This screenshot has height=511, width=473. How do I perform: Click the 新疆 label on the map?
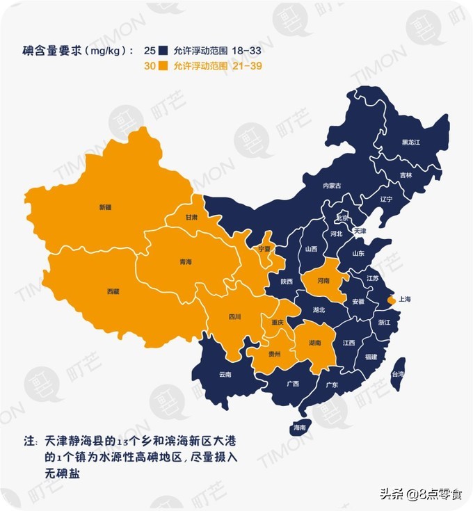click(x=105, y=207)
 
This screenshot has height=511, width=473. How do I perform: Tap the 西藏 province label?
click(x=113, y=291)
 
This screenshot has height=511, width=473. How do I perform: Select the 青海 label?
click(x=185, y=262)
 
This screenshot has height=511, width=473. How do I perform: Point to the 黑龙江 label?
click(x=411, y=143)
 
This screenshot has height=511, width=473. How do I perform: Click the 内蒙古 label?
click(x=332, y=186)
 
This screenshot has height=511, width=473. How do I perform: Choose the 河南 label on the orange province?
click(x=323, y=281)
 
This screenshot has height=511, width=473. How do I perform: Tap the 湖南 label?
click(x=315, y=343)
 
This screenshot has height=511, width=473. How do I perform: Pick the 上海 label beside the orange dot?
click(x=404, y=300)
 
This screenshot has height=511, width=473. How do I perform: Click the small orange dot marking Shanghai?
click(x=390, y=300)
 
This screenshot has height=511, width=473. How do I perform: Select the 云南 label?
click(x=225, y=375)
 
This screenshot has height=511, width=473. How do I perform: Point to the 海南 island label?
click(x=300, y=427)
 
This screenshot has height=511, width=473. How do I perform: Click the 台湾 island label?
click(x=398, y=374)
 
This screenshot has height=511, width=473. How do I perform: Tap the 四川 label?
click(x=234, y=318)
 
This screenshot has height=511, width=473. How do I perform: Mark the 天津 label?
click(x=360, y=230)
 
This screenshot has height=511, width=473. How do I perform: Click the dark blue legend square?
click(x=164, y=51)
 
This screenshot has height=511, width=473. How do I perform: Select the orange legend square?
click(x=164, y=66)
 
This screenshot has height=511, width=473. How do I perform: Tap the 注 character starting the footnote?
click(x=29, y=442)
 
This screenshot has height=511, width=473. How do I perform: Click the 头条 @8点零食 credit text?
click(x=420, y=494)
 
